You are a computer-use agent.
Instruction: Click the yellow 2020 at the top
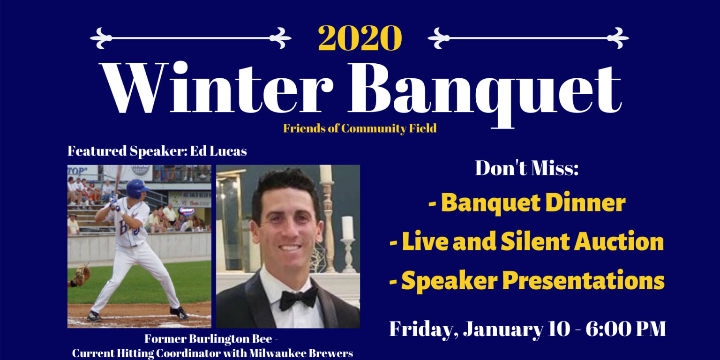[360, 38]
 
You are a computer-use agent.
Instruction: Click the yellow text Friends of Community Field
[360, 128]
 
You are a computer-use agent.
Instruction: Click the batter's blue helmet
[136, 187]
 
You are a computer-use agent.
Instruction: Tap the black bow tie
[298, 298]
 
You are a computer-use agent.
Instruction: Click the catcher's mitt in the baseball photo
[82, 275]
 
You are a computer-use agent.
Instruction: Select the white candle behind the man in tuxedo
[347, 228]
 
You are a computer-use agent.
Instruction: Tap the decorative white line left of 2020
[190, 38]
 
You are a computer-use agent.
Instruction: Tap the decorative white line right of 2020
[528, 38]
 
